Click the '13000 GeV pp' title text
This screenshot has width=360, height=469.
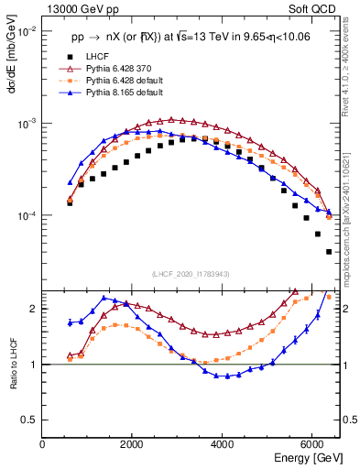tap(81, 11)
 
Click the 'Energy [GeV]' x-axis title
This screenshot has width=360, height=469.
tap(302, 458)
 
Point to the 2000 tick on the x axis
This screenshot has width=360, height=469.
tap(133, 444)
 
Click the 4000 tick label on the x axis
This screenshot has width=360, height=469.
tap(223, 444)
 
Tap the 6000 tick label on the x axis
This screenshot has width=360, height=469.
tap(312, 444)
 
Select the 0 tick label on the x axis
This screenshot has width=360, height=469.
tap(43, 444)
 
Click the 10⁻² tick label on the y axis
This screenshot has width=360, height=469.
tap(26, 31)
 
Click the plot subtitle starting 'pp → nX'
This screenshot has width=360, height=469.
tap(190, 38)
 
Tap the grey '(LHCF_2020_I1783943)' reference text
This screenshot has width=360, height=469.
tap(190, 274)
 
